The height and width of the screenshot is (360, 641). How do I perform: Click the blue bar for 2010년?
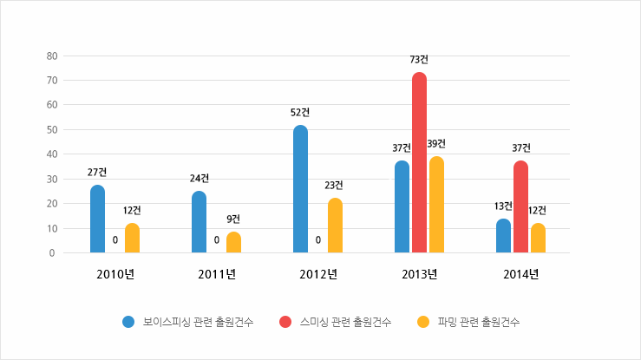click(97, 219)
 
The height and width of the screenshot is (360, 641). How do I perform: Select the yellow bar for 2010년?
click(132, 238)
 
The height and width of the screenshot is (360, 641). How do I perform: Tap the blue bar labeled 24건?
click(199, 222)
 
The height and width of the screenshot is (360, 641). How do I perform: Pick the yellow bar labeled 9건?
click(233, 242)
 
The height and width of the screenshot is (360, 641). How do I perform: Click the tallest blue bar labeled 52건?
click(300, 189)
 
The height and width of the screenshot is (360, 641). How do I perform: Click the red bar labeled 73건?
click(419, 163)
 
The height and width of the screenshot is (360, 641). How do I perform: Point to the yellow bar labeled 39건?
click(436, 205)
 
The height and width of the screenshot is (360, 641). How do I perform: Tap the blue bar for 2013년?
click(402, 206)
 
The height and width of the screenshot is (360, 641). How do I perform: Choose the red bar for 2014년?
click(520, 206)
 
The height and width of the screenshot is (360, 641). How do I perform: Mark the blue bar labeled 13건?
click(503, 236)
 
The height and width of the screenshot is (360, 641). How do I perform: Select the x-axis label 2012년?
click(317, 275)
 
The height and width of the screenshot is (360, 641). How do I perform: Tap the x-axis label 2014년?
click(520, 275)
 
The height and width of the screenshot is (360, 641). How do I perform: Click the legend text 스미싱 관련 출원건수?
click(345, 322)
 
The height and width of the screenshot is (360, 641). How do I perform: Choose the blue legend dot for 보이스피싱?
click(128, 322)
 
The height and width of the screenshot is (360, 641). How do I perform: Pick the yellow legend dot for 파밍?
click(423, 322)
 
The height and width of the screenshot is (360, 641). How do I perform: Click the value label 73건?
click(419, 60)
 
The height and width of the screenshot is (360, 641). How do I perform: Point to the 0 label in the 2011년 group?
click(216, 240)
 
